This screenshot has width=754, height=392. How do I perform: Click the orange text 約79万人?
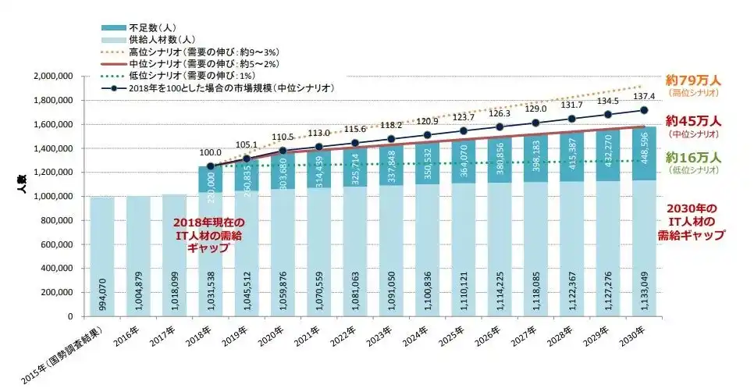pos(693,80)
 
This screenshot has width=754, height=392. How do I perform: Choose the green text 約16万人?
pos(693,158)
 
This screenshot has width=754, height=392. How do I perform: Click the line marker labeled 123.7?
pos(463,130)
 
